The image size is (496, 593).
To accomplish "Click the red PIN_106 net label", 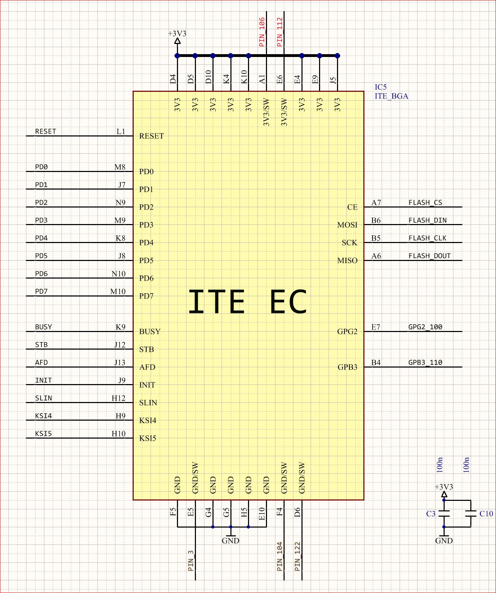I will click(x=262, y=32).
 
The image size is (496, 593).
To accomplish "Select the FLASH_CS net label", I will click(x=425, y=203).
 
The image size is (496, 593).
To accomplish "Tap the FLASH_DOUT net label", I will click(x=429, y=256).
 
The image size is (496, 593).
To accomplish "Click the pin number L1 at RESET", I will click(x=121, y=132).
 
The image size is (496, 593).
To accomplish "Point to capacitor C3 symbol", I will click(x=444, y=514).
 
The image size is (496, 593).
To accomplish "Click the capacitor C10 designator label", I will click(x=486, y=514).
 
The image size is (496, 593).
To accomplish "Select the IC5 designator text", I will click(x=380, y=87).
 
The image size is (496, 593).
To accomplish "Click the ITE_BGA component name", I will click(x=391, y=96).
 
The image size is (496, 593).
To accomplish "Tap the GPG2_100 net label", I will click(x=425, y=327).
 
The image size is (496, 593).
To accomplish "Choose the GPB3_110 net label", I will click(x=425, y=363).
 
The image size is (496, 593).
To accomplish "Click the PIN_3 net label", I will click(x=191, y=561).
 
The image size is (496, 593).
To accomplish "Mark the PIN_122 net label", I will click(x=298, y=556).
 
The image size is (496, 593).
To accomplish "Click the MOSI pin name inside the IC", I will click(x=347, y=225).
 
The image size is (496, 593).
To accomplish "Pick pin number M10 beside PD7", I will click(x=117, y=292).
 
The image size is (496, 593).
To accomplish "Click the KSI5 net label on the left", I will click(x=43, y=434).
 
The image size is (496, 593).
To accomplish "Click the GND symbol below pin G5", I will click(x=230, y=538).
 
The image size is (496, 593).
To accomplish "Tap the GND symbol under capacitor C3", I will click(x=444, y=538).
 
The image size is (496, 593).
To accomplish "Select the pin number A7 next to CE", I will click(x=376, y=203).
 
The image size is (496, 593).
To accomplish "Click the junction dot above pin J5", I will click(x=337, y=56).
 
